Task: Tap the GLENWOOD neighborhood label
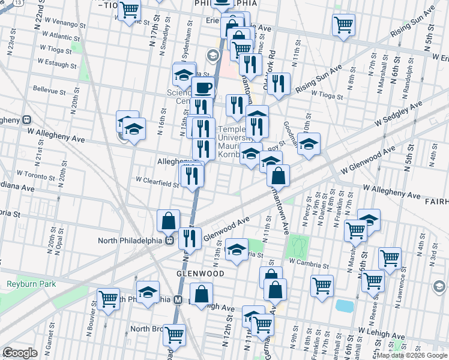(x=200, y=274)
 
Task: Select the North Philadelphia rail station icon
(x=170, y=241)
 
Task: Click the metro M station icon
(x=178, y=299)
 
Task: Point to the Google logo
(x=20, y=353)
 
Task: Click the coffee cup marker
(x=203, y=87)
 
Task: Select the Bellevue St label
(x=49, y=91)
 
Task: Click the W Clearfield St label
(x=157, y=180)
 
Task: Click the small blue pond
(x=345, y=306)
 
